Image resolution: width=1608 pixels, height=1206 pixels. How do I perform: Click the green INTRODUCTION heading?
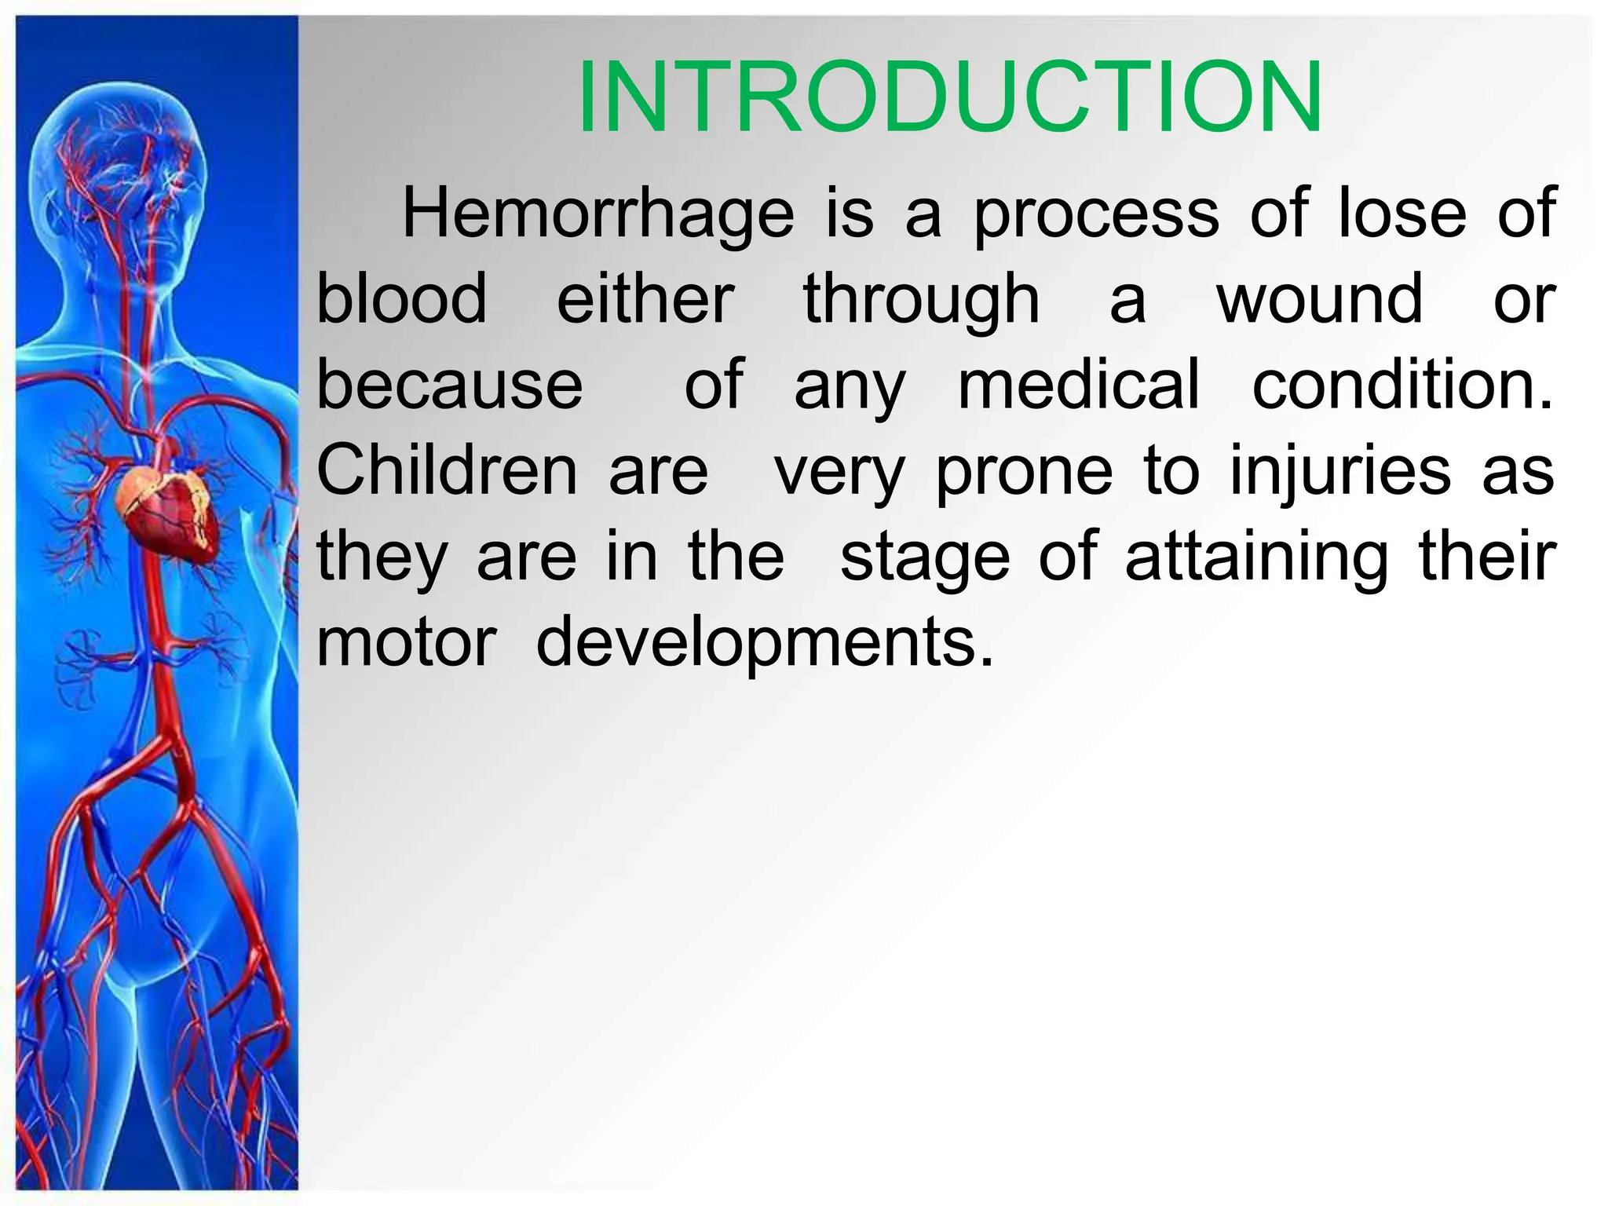(950, 98)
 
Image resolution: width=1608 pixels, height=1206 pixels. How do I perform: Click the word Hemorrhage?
(598, 214)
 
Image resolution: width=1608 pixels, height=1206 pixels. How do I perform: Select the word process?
(1097, 214)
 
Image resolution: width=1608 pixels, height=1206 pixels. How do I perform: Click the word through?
(922, 301)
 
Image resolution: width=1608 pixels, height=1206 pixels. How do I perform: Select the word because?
(450, 385)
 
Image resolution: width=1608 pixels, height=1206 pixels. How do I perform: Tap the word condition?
(1402, 385)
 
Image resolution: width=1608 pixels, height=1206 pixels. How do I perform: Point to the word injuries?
(1340, 471)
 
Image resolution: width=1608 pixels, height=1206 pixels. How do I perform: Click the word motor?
(407, 642)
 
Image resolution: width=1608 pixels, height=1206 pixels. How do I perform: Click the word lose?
(1402, 214)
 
